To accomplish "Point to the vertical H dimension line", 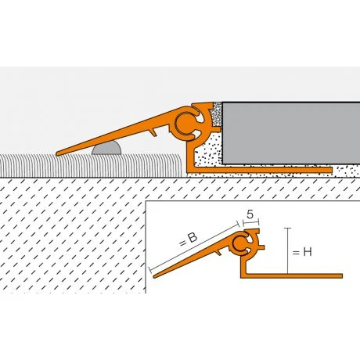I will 288,250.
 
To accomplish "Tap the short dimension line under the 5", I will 250,222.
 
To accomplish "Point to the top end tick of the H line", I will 288,228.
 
